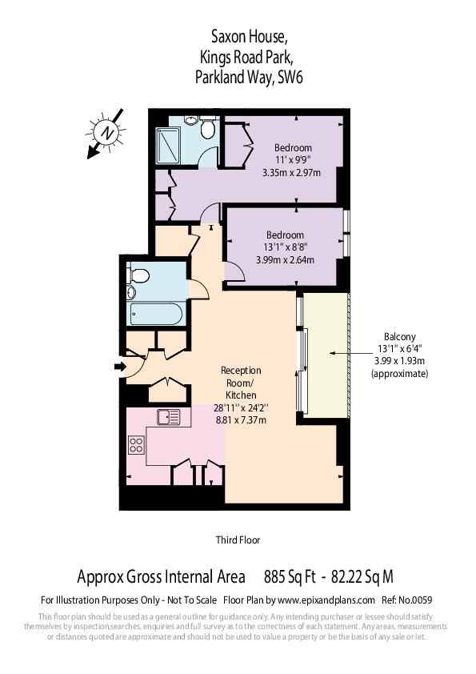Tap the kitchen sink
click(x=169, y=416)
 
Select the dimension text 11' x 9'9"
click(x=293, y=160)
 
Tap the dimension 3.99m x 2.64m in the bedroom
click(x=285, y=259)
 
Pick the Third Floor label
click(x=238, y=540)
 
